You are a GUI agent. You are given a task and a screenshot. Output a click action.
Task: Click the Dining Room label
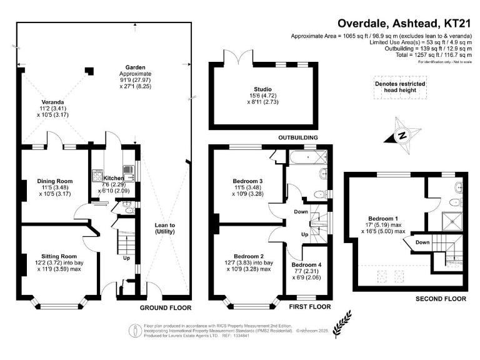(x=56, y=181)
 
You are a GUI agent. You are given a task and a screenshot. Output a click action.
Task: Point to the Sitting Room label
(x=59, y=256)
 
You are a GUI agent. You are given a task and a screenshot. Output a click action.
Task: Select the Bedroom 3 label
(x=248, y=181)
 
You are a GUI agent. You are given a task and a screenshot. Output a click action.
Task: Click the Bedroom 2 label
(x=248, y=256)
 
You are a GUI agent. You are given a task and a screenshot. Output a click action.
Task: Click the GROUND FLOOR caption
(x=165, y=307)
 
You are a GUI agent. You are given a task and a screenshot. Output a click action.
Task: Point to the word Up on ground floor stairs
(x=126, y=257)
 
